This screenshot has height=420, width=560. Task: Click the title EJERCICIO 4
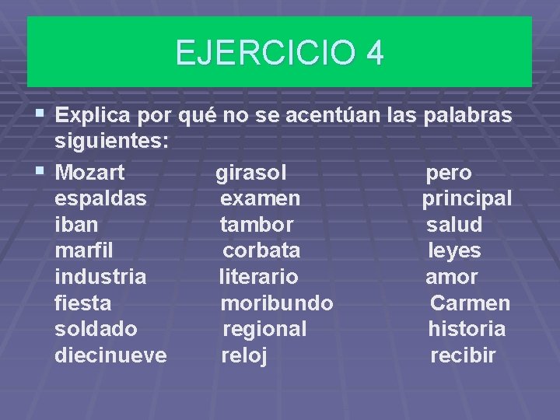pyautogui.click(x=279, y=54)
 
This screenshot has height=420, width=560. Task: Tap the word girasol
pyautogui.click(x=251, y=173)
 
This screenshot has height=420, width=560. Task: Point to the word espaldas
pyautogui.click(x=100, y=198)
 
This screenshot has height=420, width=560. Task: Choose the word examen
pyautogui.click(x=260, y=198)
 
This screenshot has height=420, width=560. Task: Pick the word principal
pyautogui.click(x=467, y=199)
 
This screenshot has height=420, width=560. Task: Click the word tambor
pyautogui.click(x=257, y=225)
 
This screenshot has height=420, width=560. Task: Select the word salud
pyautogui.click(x=454, y=225)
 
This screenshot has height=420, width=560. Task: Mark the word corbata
pyautogui.click(x=261, y=250)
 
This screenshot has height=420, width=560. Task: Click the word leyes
pyautogui.click(x=455, y=251)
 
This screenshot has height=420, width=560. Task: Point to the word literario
pyautogui.click(x=258, y=277)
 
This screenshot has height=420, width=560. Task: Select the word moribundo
pyautogui.click(x=277, y=303)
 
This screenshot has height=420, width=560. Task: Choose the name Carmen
pyautogui.click(x=470, y=303)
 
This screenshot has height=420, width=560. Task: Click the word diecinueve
pyautogui.click(x=110, y=355)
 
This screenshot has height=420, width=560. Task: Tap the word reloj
pyautogui.click(x=244, y=356)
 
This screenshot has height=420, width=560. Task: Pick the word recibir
pyautogui.click(x=463, y=355)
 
